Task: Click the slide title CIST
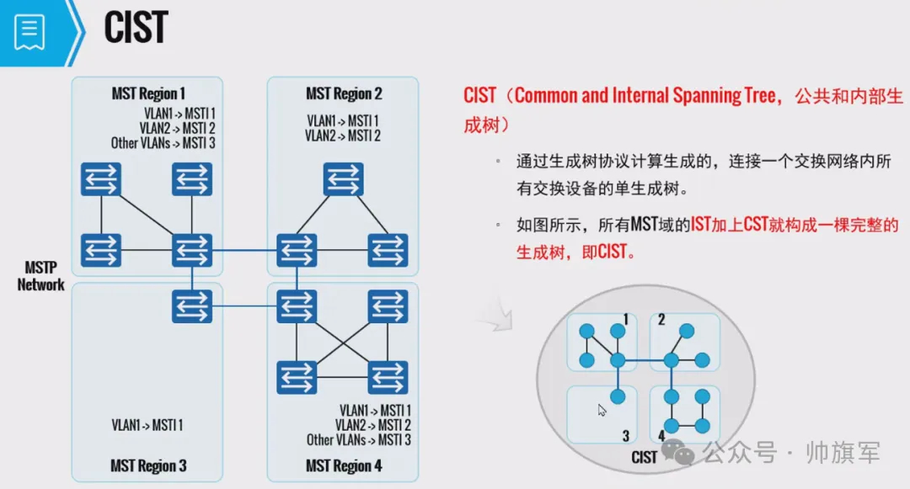[x=136, y=27]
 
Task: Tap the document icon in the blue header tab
[x=29, y=32]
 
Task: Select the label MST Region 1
[x=148, y=93]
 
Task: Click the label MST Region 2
[x=344, y=93]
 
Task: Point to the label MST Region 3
[x=148, y=465]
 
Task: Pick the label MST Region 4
[x=344, y=465]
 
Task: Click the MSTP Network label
[x=40, y=276]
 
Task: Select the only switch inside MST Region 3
[x=192, y=306]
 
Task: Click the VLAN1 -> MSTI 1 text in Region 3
[x=147, y=425]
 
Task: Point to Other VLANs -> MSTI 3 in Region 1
[x=163, y=143]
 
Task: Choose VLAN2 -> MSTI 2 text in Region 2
[x=343, y=136]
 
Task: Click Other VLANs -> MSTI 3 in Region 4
[x=359, y=439]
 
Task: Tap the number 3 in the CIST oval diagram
[x=626, y=435]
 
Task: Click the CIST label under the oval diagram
[x=644, y=457]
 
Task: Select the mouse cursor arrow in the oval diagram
[x=602, y=411]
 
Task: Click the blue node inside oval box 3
[x=618, y=396]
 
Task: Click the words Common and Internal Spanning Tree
[x=645, y=95]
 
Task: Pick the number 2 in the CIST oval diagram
[x=661, y=320]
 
